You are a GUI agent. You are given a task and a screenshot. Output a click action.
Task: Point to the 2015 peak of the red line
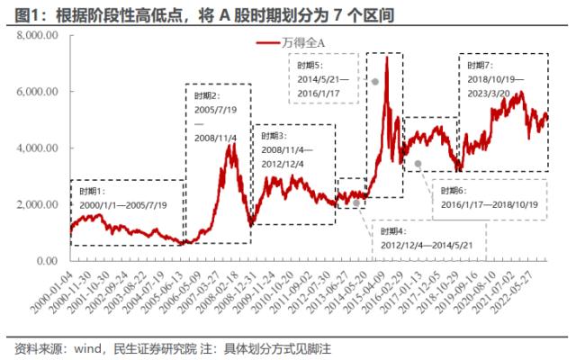386,57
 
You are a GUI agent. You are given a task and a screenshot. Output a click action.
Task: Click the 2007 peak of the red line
232,144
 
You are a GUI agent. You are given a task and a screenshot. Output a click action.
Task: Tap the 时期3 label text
272,134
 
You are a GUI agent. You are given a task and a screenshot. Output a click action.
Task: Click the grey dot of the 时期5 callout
374,81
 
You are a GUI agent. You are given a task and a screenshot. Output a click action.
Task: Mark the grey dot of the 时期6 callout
418,163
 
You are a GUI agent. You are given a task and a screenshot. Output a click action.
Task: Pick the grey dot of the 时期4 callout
356,203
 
